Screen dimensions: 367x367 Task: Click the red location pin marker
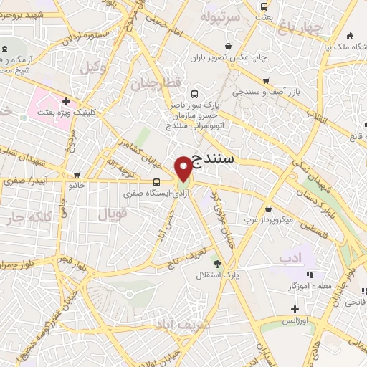click(184, 168)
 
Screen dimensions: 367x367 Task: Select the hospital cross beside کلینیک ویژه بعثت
click(66, 103)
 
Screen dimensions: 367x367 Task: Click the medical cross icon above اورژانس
click(295, 309)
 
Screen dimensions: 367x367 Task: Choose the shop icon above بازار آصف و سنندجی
click(267, 81)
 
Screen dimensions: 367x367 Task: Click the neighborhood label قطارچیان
click(152, 84)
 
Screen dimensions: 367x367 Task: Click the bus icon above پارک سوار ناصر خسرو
click(195, 92)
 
